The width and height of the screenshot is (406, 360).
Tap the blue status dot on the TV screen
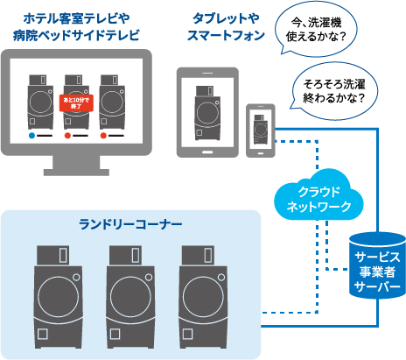pos(32,137)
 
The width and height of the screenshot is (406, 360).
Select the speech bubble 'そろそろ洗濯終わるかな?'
pos(334,90)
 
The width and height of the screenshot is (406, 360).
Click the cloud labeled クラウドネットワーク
pos(313,200)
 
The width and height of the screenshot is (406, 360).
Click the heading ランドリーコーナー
pos(125,224)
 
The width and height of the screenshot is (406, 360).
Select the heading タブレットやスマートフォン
pos(226,26)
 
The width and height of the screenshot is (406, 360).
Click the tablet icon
pos(208,112)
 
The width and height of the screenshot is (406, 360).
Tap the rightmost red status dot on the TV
pos(104,137)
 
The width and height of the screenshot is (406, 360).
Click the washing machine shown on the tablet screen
pos(208,112)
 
